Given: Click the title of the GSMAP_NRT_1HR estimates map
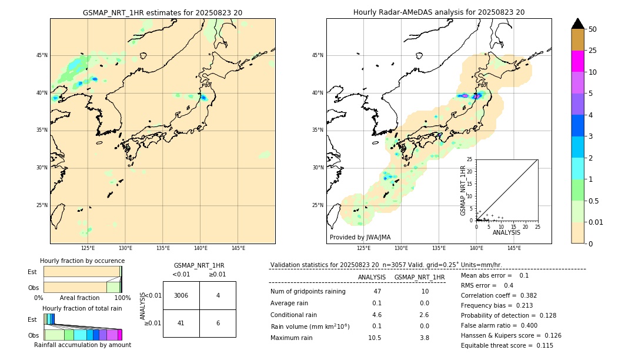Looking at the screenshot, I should pyautogui.click(x=162, y=12).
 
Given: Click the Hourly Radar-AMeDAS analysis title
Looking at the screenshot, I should pyautogui.click(x=439, y=12).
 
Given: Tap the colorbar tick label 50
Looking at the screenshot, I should pyautogui.click(x=593, y=29).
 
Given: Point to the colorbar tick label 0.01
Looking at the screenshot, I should pyautogui.click(x=596, y=222).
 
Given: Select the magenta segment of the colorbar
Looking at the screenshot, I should pyautogui.click(x=577, y=61).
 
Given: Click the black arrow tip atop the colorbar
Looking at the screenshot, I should pyautogui.click(x=578, y=23).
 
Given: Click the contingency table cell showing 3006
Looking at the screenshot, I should pyautogui.click(x=181, y=295).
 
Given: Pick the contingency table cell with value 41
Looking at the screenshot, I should pyautogui.click(x=181, y=323).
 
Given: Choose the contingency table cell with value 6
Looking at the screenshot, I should pyautogui.click(x=218, y=323).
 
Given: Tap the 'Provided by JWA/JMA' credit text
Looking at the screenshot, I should pyautogui.click(x=360, y=237).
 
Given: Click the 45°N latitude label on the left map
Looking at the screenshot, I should pyautogui.click(x=42, y=55).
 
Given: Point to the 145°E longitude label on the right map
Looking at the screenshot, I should pyautogui.click(x=514, y=248).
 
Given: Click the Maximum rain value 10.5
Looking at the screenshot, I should pyautogui.click(x=375, y=338).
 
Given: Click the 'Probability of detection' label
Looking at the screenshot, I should pyautogui.click(x=499, y=315).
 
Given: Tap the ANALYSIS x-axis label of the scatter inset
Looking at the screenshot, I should pyautogui.click(x=506, y=232).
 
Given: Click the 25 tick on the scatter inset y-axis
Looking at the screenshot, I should pyautogui.click(x=470, y=159).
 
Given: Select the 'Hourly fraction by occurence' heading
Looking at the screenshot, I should pyautogui.click(x=82, y=261).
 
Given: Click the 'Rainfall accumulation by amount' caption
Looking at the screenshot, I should pyautogui.click(x=82, y=345).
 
